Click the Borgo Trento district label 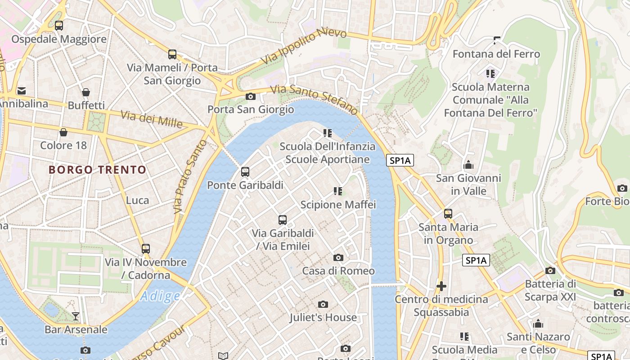click(97, 170)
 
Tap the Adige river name click(160, 296)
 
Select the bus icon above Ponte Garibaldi click(245, 171)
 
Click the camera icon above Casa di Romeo click(338, 257)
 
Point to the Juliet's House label click(323, 317)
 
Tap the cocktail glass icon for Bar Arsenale click(76, 316)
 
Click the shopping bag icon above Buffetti click(86, 92)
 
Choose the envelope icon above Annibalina click(21, 91)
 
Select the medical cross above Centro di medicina click(441, 286)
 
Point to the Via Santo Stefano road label click(314, 98)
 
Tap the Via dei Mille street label click(152, 119)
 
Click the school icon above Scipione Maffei click(338, 191)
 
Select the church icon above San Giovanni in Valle click(468, 165)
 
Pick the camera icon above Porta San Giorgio click(251, 96)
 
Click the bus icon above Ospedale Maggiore click(59, 26)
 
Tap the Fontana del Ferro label click(496, 54)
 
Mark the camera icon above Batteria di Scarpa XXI click(550, 270)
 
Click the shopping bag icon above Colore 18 click(63, 132)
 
